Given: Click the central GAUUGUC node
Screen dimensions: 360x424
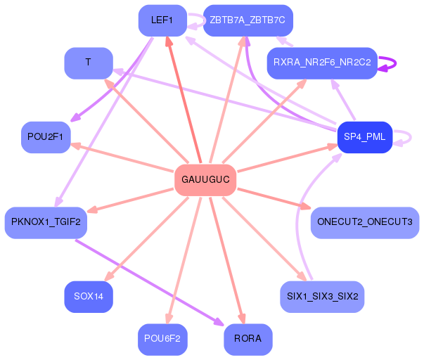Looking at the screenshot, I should coord(205,179).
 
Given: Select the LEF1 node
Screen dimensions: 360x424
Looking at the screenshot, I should coord(162,20).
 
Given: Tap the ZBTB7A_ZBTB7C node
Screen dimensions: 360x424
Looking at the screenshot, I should coord(248,20).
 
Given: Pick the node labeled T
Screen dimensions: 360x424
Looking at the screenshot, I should coord(89,63).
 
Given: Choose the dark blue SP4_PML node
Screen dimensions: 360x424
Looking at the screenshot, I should coord(364,136).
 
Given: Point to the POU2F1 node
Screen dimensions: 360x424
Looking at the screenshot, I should coord(46,136).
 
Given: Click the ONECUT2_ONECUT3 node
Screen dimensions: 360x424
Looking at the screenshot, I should coord(365,222).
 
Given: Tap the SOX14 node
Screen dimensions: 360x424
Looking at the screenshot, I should coord(89,297).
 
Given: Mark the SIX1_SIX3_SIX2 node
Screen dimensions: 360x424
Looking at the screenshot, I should coord(322,297).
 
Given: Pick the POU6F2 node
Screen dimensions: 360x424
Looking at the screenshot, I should coord(162,339).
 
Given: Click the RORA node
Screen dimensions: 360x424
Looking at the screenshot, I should coord(248,339).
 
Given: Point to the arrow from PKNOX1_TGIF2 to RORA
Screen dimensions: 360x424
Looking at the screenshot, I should coord(148,281).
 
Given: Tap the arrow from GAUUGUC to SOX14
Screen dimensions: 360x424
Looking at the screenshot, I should coord(151,236).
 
